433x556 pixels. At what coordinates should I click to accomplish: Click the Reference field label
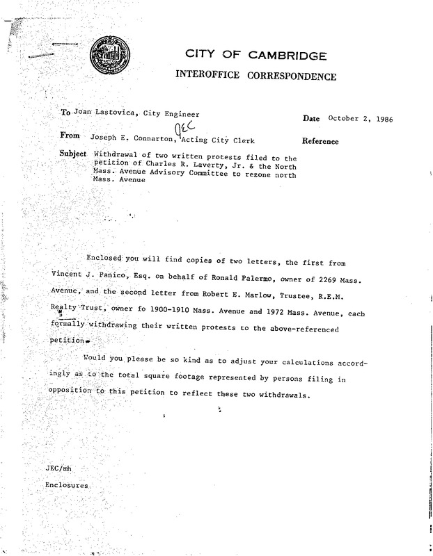pyautogui.click(x=321, y=142)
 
